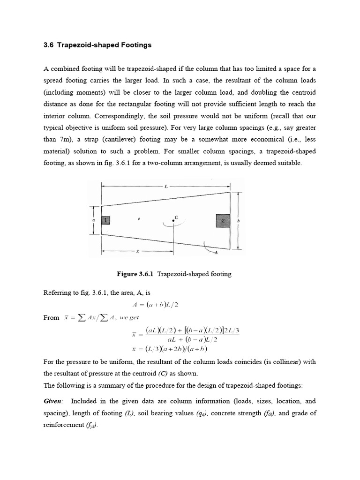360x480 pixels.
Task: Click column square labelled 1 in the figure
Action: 105,220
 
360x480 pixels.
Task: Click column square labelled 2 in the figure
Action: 223,220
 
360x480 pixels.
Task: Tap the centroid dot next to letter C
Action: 173,220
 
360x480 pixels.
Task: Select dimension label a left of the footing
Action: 94,219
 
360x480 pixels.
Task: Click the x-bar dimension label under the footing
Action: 137,251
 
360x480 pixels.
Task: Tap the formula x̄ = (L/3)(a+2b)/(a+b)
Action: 170,349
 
